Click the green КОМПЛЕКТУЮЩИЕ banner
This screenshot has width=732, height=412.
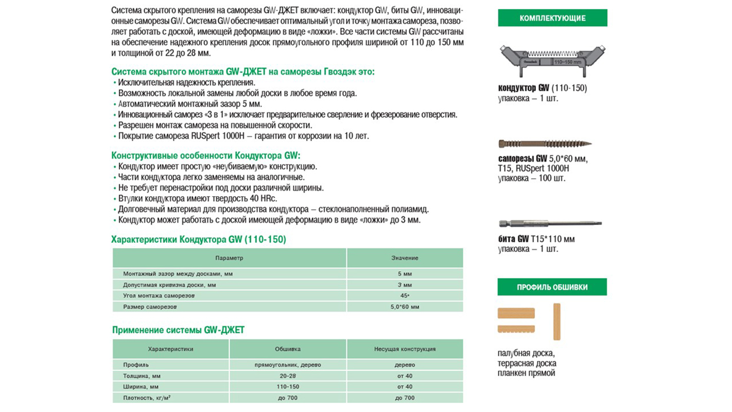coord(552,18)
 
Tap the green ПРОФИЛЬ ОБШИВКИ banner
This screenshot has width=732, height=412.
coord(552,287)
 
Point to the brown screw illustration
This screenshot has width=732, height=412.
coord(545,144)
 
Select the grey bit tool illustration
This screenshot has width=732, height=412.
coord(550,224)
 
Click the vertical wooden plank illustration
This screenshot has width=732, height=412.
coord(556,321)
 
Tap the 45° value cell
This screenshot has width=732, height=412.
coord(405,296)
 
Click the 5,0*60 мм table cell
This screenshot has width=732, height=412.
coord(405,306)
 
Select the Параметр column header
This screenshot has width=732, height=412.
coord(229,257)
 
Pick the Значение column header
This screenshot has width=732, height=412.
coord(405,257)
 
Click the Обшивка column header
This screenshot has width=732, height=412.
coord(288,349)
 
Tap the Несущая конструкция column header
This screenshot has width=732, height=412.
coord(405,349)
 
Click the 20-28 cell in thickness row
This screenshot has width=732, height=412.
coord(288,376)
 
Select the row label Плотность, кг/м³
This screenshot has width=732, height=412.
coord(147,398)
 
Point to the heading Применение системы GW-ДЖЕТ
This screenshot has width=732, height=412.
coord(178,330)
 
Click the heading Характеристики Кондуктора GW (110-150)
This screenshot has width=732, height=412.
coord(199,239)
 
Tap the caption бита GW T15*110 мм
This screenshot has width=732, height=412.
coord(536,239)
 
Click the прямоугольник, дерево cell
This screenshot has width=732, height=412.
coord(288,365)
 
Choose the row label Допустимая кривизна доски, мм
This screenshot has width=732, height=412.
coord(169,285)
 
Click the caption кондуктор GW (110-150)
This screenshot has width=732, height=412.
coord(543,88)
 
